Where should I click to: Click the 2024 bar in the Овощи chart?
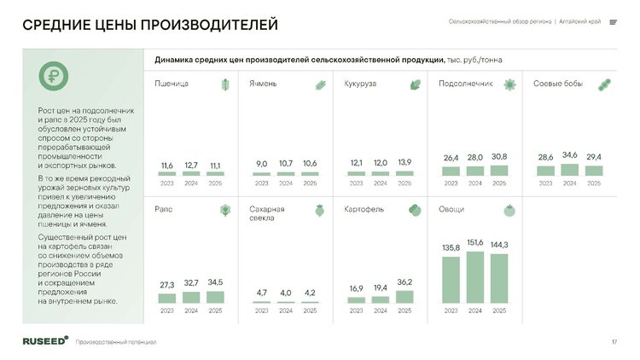(474, 277)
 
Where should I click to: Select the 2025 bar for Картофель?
(404, 297)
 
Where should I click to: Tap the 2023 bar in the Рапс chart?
(167, 299)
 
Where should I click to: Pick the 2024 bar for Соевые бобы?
(569, 170)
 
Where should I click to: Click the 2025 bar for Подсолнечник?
(499, 171)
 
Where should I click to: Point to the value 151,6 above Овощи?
(474, 242)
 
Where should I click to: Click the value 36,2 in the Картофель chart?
(404, 282)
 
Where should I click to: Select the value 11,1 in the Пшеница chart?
(215, 165)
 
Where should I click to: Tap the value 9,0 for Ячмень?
(262, 164)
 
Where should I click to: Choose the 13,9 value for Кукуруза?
(404, 162)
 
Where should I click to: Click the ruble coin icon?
(54, 76)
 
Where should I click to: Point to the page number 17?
(614, 342)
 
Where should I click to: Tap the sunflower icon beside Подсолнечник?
(509, 84)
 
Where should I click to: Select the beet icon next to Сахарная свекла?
(320, 211)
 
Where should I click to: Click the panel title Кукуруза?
(360, 84)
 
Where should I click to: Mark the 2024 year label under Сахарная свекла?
(286, 311)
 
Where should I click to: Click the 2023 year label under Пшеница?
(167, 183)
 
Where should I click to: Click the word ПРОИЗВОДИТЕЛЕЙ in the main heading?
(209, 25)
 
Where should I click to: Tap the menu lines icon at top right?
(613, 22)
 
